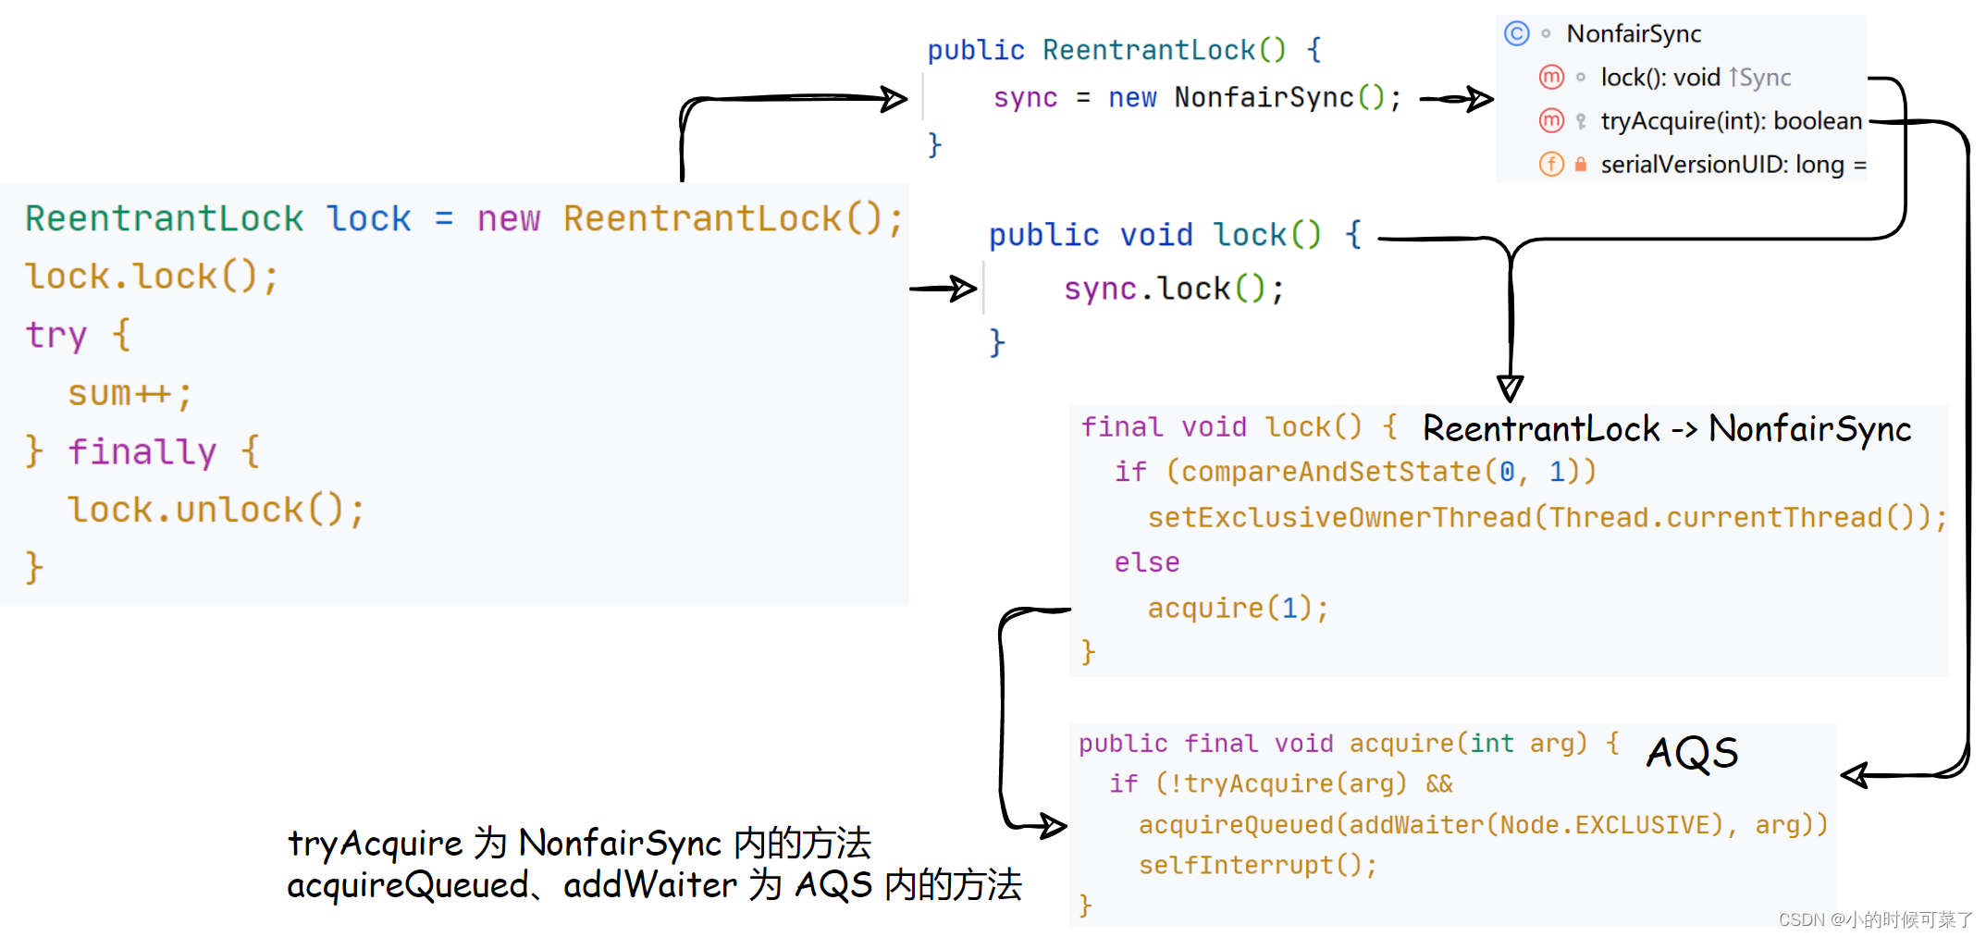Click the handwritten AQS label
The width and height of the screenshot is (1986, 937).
[1692, 753]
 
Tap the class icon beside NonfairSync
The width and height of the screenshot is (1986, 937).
[1516, 34]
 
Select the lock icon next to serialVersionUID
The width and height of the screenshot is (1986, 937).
[1581, 165]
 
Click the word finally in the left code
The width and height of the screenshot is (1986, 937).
[142, 451]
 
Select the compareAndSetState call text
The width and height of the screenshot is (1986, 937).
[1330, 472]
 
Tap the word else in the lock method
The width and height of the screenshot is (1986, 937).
[1146, 562]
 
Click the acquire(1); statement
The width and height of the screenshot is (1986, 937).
[1238, 608]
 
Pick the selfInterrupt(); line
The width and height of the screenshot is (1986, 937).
[1257, 865]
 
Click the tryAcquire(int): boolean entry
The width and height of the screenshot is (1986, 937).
[1731, 121]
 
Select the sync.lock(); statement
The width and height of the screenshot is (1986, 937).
[1173, 290]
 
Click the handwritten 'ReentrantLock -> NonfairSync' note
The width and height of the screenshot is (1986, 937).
[1667, 429]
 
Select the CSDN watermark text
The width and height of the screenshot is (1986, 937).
[1875, 919]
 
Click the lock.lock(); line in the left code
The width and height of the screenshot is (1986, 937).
[152, 277]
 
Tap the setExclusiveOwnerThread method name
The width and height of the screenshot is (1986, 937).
[1338, 517]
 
